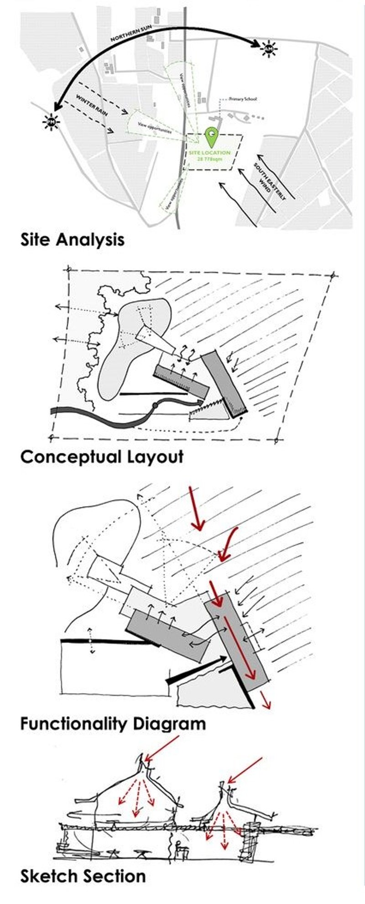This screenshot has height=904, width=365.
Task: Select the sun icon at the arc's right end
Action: [x=269, y=48]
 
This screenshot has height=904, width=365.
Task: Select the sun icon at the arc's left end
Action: [x=51, y=122]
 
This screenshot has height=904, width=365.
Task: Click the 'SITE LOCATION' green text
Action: [x=210, y=153]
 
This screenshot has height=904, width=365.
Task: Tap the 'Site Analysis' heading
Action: [x=72, y=239]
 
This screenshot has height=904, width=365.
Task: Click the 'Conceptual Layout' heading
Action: [x=102, y=456]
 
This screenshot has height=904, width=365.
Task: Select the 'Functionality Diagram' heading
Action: [x=113, y=724]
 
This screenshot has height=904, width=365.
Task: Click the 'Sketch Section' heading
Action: [x=83, y=876]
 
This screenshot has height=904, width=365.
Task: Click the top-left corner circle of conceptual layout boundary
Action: [x=69, y=269]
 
